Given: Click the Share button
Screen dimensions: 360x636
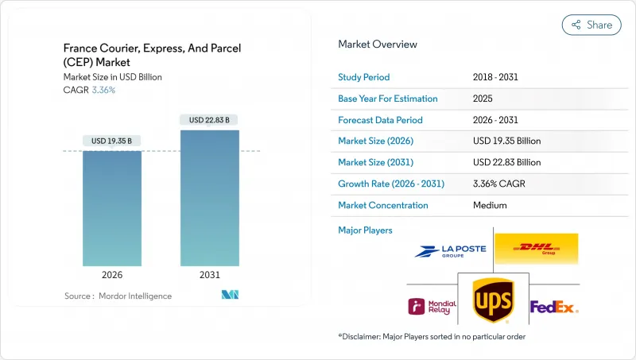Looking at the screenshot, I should (x=591, y=25).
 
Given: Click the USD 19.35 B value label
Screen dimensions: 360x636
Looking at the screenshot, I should (x=112, y=141).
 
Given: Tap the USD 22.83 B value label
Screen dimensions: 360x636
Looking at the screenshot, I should (x=209, y=120).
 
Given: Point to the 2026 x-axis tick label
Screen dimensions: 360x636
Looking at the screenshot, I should (x=112, y=276).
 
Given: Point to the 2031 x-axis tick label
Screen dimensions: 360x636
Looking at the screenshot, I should (x=209, y=276).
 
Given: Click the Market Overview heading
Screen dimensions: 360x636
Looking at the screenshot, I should (x=378, y=45).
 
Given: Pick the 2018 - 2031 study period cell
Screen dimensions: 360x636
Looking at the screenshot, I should (x=496, y=77).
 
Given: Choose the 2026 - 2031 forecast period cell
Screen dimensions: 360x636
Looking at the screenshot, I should (x=496, y=120).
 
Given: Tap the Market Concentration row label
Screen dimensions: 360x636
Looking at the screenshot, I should (x=383, y=205).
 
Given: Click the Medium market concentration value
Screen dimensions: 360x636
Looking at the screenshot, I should (x=490, y=205).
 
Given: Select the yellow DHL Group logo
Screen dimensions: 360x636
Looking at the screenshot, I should (x=536, y=249).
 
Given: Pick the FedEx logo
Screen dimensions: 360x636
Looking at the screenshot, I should (x=554, y=307).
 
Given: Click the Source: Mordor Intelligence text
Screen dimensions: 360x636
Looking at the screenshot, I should (x=118, y=296).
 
